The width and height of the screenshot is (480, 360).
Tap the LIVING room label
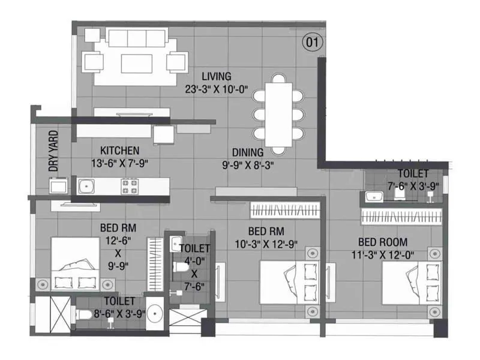217,76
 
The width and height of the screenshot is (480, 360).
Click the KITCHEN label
120,150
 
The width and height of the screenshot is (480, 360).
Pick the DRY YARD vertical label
54,151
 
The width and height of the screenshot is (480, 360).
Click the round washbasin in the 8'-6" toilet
156,313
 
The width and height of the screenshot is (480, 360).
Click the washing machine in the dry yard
58,187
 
